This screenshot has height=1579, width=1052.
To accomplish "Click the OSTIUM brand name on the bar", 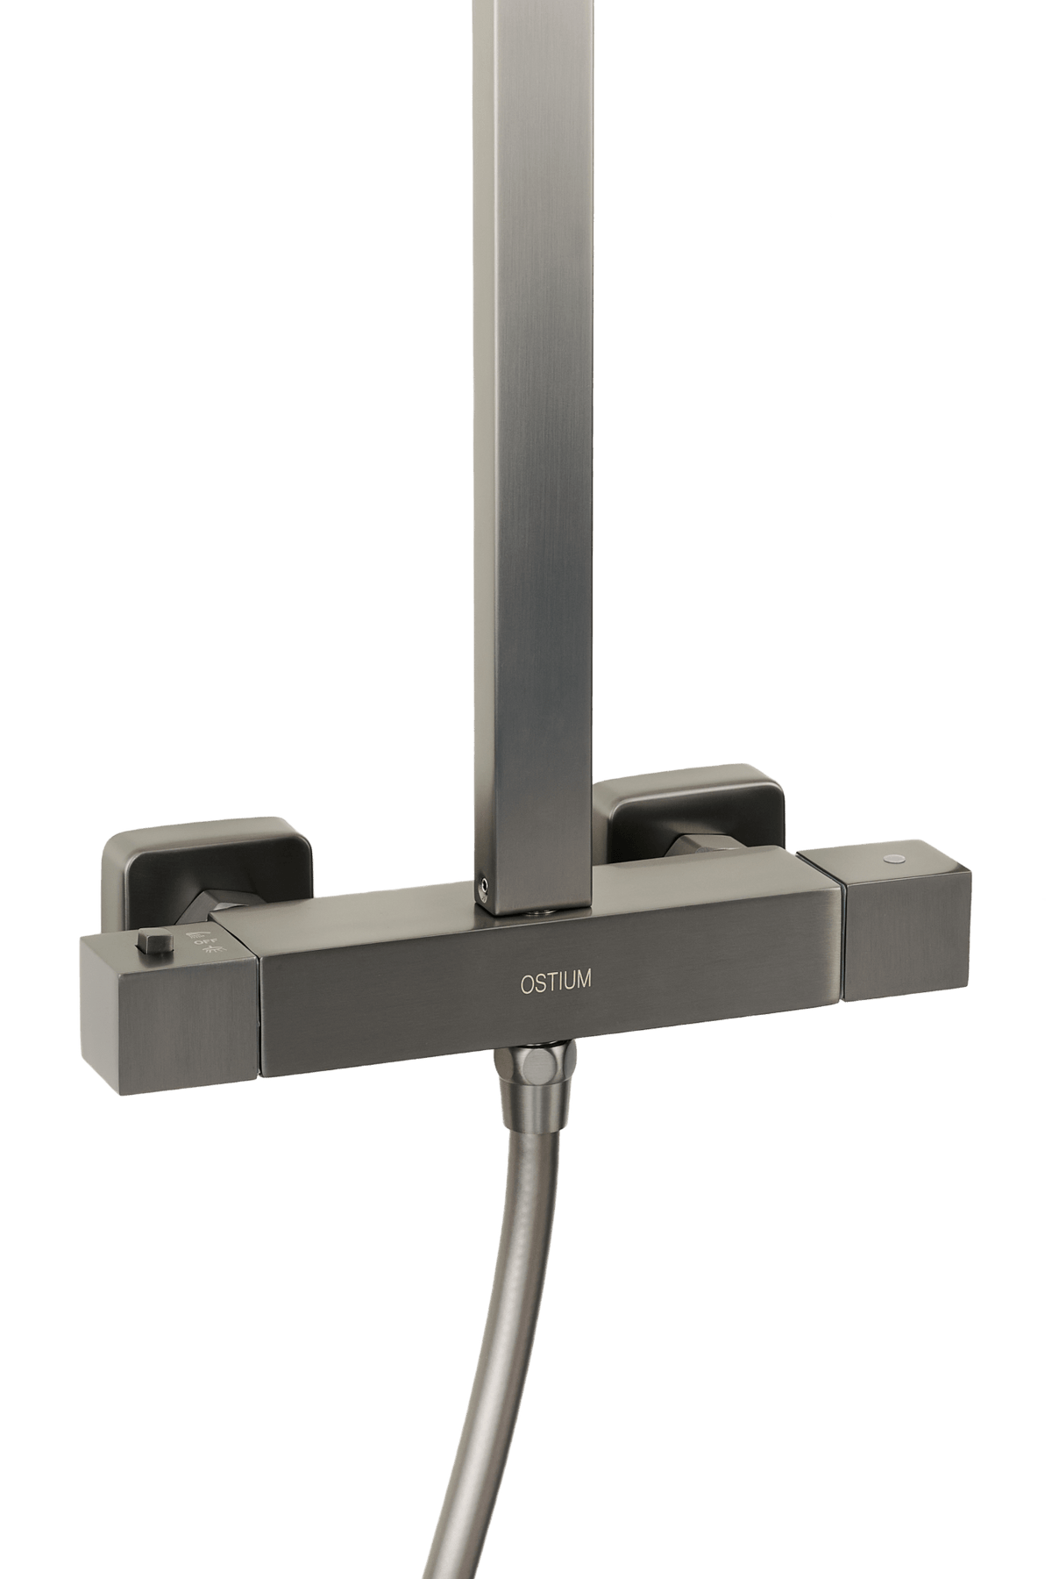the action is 554,980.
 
